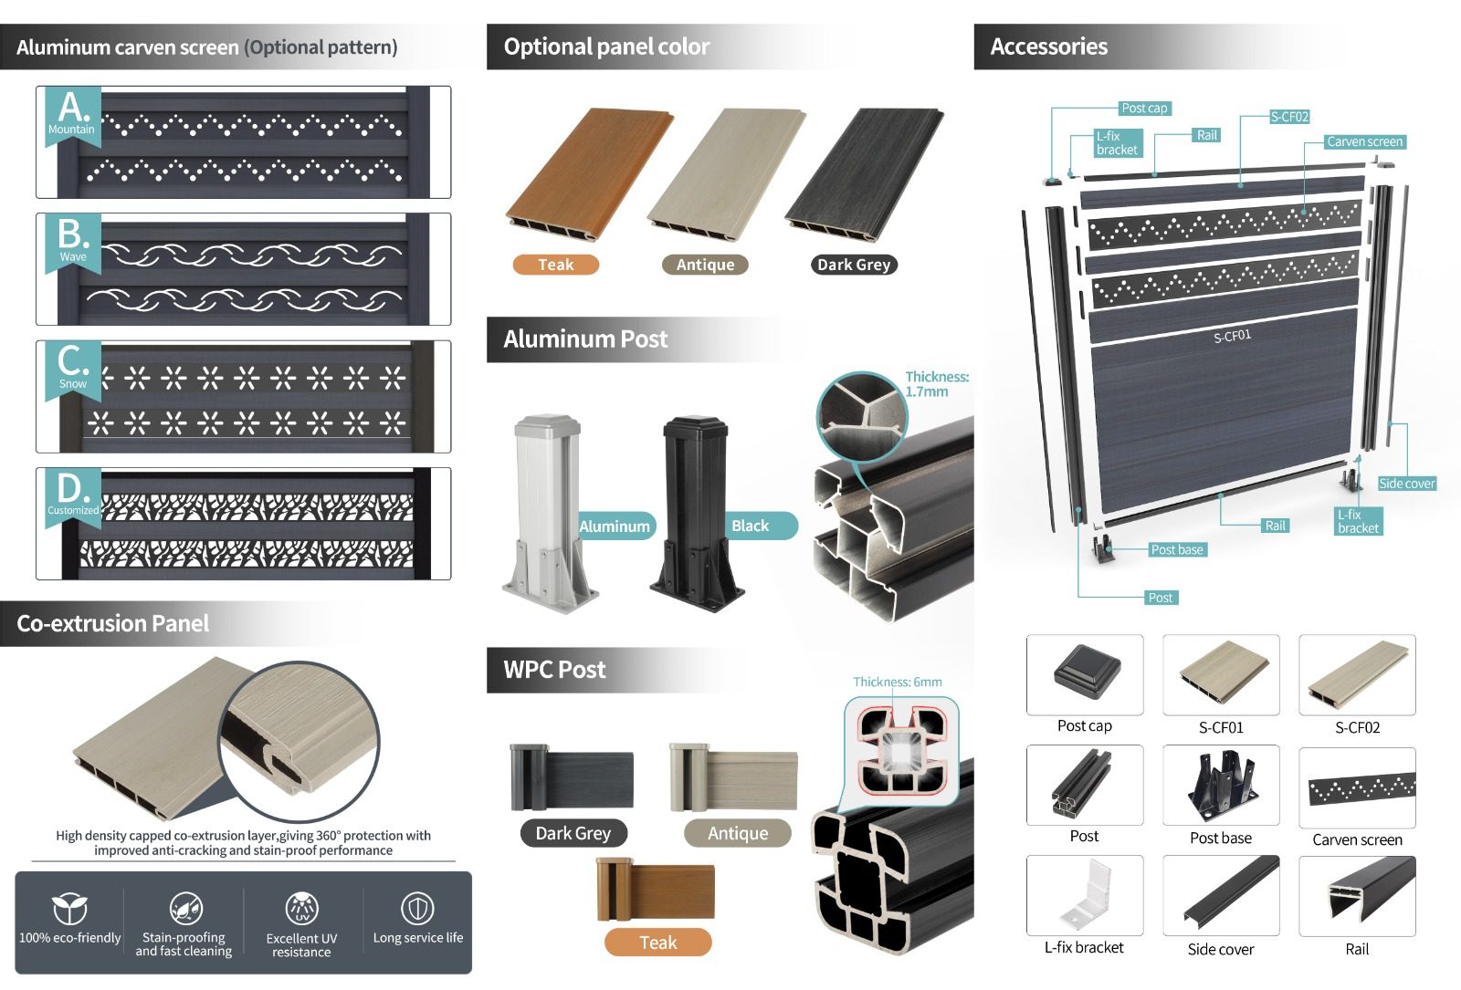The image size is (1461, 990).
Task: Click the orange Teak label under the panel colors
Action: coord(556,265)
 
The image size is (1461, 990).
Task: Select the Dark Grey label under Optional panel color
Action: coord(854,265)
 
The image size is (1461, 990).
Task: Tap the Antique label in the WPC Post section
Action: coord(738,833)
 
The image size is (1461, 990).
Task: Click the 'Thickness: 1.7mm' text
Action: coord(937,384)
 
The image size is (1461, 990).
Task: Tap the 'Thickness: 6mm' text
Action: coord(898,682)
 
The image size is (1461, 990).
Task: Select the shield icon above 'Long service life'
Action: coord(417,909)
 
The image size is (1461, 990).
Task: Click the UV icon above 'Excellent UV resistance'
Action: coord(302,909)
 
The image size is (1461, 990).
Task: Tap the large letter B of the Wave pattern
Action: coord(72,234)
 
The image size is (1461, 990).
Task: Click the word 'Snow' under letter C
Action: coord(72,384)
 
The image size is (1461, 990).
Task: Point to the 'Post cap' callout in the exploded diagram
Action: coord(1144,109)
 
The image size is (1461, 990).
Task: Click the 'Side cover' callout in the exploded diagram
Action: coord(1407,484)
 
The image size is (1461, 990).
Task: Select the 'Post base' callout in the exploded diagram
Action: coord(1177,550)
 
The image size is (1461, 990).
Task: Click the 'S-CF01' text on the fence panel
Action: coord(1232,337)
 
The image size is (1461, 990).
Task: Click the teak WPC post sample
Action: coord(656,890)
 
